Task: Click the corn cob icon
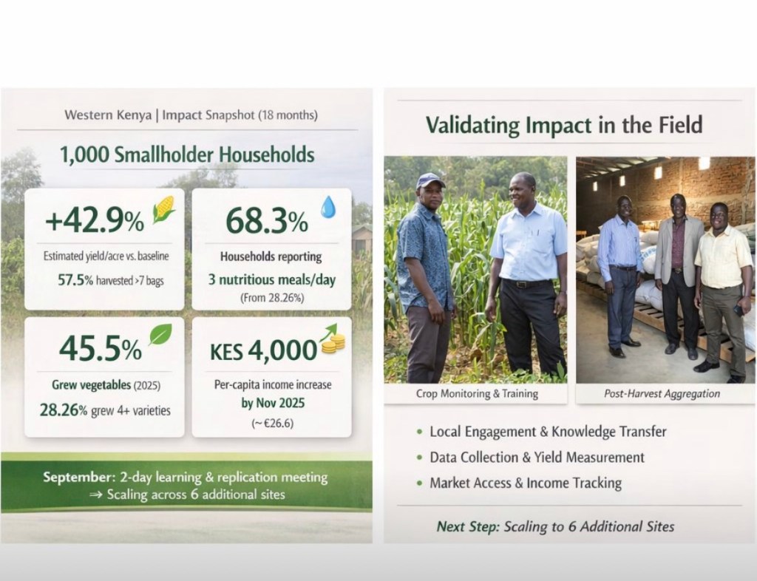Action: click(x=163, y=209)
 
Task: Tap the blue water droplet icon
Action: click(x=328, y=206)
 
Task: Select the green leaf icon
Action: click(x=160, y=334)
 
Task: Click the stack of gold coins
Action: click(x=333, y=344)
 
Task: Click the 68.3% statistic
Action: click(x=266, y=220)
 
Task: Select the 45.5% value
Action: click(x=101, y=348)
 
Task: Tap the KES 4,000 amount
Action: click(x=264, y=350)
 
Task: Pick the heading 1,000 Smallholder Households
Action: click(x=187, y=155)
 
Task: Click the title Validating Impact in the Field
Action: click(x=564, y=125)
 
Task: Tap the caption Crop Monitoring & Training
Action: click(x=477, y=394)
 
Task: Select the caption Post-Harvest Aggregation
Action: click(x=662, y=394)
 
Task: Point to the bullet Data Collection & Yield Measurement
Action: click(x=537, y=458)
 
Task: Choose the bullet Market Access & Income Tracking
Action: click(x=526, y=483)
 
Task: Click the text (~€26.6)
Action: click(x=272, y=424)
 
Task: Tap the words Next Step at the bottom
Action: click(x=468, y=526)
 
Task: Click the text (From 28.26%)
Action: click(x=272, y=298)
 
